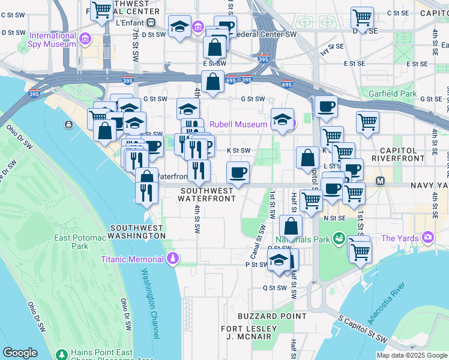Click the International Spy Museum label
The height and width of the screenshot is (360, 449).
click(x=53, y=40)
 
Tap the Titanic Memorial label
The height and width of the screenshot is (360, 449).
click(x=132, y=259)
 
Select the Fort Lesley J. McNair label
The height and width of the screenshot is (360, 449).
click(x=249, y=332)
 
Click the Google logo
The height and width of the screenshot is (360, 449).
click(x=20, y=353)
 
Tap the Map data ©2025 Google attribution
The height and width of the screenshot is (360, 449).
click(x=411, y=355)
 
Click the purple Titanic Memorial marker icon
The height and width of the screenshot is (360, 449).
click(x=173, y=259)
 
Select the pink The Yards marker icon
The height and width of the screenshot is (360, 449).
click(x=427, y=238)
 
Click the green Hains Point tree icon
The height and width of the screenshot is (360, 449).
click(x=61, y=353)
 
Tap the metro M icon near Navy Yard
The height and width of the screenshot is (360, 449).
click(x=379, y=181)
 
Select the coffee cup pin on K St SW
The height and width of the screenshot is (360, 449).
click(x=238, y=172)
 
